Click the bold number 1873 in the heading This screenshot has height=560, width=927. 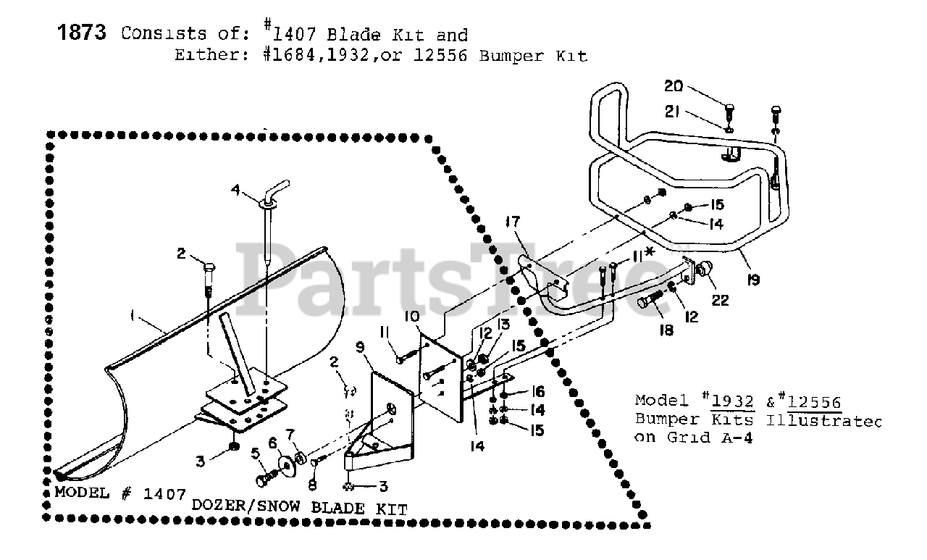click(x=82, y=33)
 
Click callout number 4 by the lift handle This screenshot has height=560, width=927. click(x=235, y=191)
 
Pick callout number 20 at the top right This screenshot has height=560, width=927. click(x=674, y=85)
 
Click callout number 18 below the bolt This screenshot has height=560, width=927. click(x=666, y=330)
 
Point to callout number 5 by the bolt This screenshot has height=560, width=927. click(x=255, y=454)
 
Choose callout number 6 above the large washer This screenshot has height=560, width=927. click(x=272, y=441)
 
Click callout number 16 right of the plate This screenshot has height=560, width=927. click(x=539, y=392)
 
